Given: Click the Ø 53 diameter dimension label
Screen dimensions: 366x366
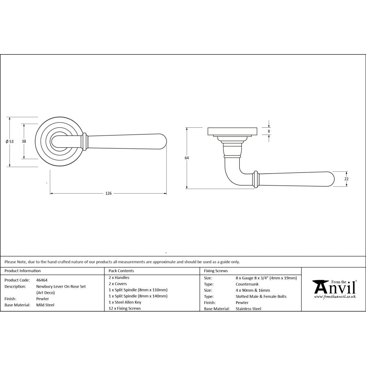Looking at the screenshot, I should coord(10,142).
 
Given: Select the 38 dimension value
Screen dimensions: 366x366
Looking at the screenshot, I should coord(24,141).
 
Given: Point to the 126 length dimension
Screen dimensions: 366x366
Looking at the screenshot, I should coord(108,193).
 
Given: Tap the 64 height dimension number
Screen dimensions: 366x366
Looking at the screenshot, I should coord(187,158).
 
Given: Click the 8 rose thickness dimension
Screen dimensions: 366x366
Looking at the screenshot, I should coord(269,131).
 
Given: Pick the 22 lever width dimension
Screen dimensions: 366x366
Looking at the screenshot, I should coord(346,179).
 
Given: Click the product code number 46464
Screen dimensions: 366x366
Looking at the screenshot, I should coord(42,280).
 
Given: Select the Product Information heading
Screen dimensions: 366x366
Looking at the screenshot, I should coord(22,271).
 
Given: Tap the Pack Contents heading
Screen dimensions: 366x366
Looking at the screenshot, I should coord(121,271).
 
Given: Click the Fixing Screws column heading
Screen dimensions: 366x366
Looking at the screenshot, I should coord(216,271).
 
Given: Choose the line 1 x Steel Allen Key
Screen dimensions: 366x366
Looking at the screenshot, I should coord(125,302).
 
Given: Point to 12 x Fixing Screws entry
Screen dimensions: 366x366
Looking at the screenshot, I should coord(124,309).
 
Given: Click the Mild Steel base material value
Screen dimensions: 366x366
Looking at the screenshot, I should coord(45,305).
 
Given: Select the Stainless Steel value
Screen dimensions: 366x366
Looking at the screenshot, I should coord(249,309).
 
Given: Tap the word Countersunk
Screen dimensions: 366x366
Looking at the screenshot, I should coord(247,284).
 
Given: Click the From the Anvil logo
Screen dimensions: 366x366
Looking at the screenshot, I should coord(334,289).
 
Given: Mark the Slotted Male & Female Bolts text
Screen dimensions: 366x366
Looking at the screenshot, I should coord(261,296).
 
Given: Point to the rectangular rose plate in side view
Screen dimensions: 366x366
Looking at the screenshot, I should coord(233,131).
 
